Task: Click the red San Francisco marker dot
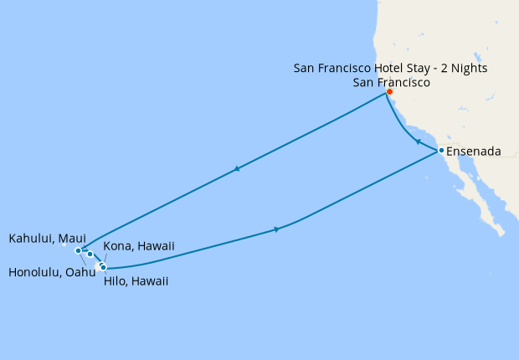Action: (389, 92)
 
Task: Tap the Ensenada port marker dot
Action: (440, 151)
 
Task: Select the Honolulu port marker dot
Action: (78, 250)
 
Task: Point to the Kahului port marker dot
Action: (90, 254)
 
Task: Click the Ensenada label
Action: (474, 152)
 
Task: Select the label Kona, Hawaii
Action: (139, 245)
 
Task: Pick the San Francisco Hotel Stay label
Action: (390, 67)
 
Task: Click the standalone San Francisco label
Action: (392, 82)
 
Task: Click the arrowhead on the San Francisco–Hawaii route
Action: (239, 170)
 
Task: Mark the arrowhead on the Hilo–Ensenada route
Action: (276, 229)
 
